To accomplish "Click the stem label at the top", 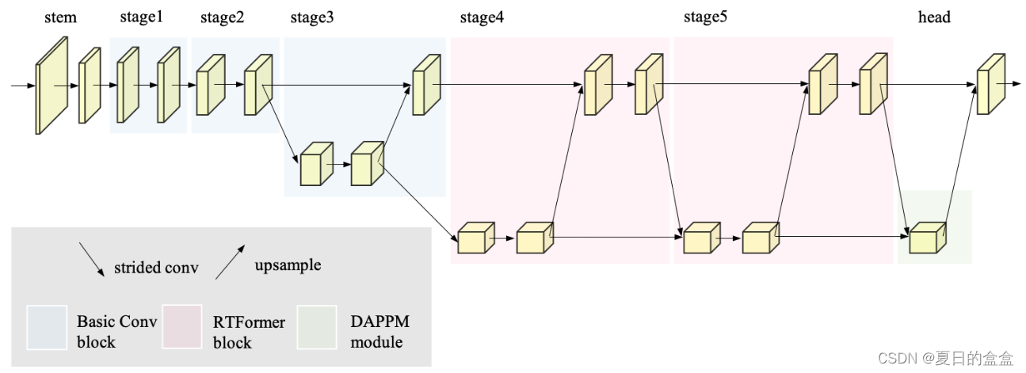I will click(60, 17).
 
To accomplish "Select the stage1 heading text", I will click(141, 17).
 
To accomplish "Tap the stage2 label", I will click(222, 17).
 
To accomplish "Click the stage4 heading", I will click(481, 17).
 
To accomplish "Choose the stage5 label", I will click(705, 17).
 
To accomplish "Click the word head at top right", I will click(934, 17).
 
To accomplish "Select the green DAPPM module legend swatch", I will click(317, 327).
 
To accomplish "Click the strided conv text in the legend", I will click(156, 268).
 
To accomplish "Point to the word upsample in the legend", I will click(288, 265).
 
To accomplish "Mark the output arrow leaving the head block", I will click(1013, 82).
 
